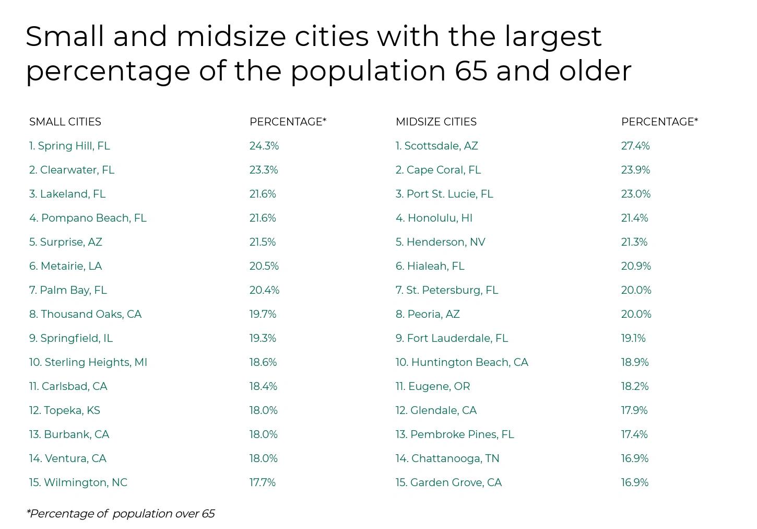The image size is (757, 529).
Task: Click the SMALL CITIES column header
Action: point(65,122)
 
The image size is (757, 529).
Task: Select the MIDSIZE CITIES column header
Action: point(436,122)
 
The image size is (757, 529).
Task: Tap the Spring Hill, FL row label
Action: point(69,146)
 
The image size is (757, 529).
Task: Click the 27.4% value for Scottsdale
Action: point(635,146)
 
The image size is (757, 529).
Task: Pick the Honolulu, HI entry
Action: point(434,218)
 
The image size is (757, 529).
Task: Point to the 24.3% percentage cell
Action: point(264,146)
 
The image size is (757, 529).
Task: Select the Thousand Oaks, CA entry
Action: point(85,314)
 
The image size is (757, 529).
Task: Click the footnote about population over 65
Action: point(121,514)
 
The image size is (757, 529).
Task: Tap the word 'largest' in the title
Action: point(553,37)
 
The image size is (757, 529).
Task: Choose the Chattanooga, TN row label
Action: point(447,458)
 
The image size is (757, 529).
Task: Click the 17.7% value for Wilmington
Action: point(263,482)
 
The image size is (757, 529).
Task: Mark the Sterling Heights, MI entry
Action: point(88,362)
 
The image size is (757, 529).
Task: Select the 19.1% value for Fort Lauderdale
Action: point(633,338)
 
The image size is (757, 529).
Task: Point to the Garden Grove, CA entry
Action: point(448,482)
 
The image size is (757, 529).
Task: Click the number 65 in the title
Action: point(471,71)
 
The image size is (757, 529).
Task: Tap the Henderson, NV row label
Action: point(440,242)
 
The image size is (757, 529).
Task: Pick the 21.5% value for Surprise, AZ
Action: point(263,242)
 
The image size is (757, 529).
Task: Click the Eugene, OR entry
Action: point(433,386)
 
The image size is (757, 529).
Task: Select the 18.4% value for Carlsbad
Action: point(263,386)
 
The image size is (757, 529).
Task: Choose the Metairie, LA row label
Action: point(65,266)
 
